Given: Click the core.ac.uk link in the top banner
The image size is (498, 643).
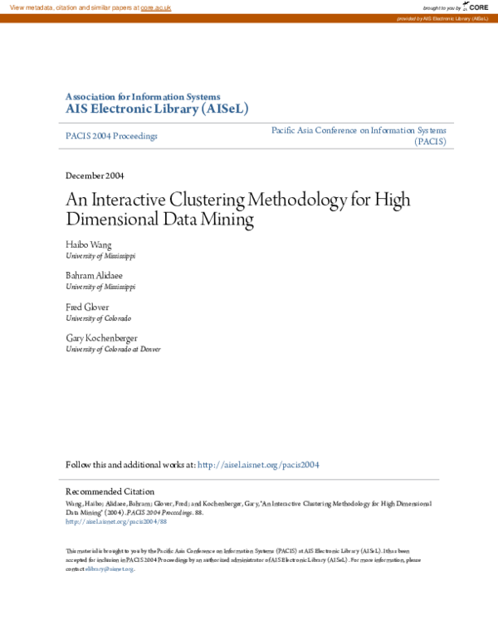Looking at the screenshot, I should click(155, 7).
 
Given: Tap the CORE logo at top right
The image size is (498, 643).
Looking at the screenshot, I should click(476, 7).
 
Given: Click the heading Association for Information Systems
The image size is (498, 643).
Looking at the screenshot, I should click(143, 96).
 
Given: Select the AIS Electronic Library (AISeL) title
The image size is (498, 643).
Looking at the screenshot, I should click(156, 109).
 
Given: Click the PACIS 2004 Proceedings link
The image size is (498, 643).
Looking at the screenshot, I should click(111, 136).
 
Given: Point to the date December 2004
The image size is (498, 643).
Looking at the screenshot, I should click(95, 176).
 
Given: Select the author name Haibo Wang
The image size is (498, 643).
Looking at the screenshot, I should click(88, 246).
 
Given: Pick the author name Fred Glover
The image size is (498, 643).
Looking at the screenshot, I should click(87, 307).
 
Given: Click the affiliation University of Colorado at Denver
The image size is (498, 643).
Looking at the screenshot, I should click(113, 350).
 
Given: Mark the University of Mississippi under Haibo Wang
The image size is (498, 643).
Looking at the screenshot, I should click(100, 257).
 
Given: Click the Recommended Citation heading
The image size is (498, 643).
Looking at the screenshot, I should click(110, 491).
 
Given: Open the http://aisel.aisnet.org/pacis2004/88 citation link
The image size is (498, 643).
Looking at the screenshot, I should click(116, 522).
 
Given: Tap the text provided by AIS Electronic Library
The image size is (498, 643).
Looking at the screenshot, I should click(444, 18).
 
